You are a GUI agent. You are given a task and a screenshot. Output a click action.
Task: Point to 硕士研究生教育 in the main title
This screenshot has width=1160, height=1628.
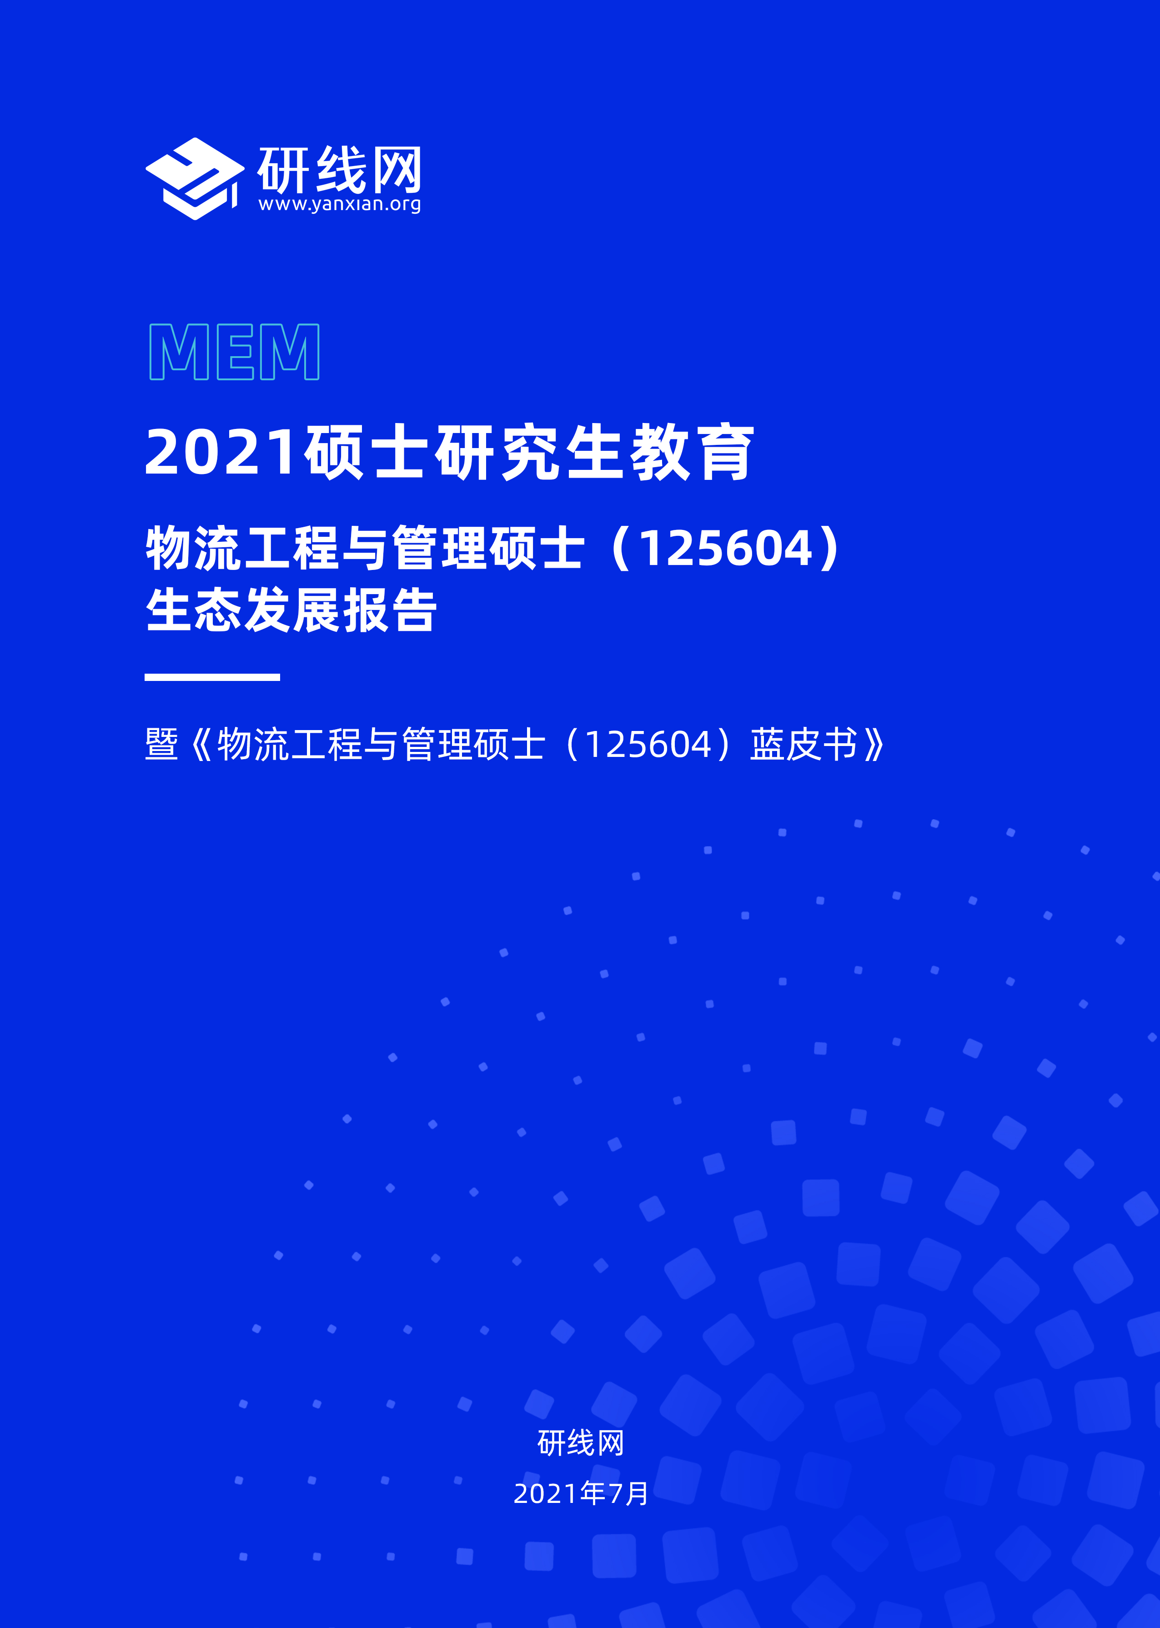tap(528, 452)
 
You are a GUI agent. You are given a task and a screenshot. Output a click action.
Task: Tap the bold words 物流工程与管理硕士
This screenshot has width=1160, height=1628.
tap(365, 549)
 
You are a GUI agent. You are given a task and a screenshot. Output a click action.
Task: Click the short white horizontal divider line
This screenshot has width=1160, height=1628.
tap(212, 676)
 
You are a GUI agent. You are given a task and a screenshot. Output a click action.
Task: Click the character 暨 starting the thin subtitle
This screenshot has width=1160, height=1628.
tap(161, 744)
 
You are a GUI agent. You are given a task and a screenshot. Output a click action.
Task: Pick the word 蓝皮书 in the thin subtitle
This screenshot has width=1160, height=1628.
tap(803, 744)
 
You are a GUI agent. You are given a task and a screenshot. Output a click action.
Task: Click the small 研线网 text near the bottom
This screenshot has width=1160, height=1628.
tap(581, 1442)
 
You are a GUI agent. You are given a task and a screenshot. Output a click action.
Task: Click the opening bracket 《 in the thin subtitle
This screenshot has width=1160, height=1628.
tap(201, 744)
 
